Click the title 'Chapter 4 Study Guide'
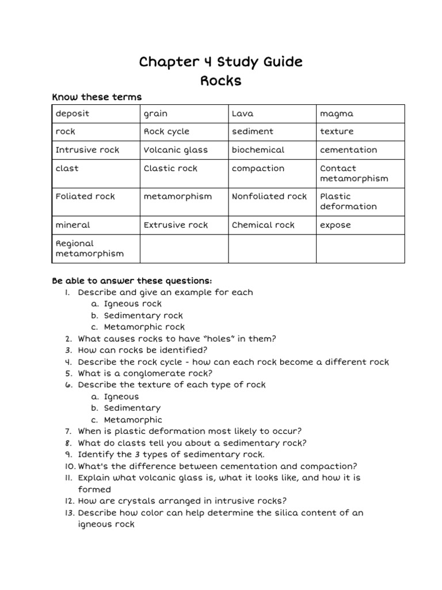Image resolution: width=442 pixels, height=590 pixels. click(x=220, y=62)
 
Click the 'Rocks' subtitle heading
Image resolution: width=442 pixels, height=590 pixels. click(x=220, y=81)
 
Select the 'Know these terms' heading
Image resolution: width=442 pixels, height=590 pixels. click(x=97, y=97)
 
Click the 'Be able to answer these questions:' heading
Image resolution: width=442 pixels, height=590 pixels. click(x=132, y=281)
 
